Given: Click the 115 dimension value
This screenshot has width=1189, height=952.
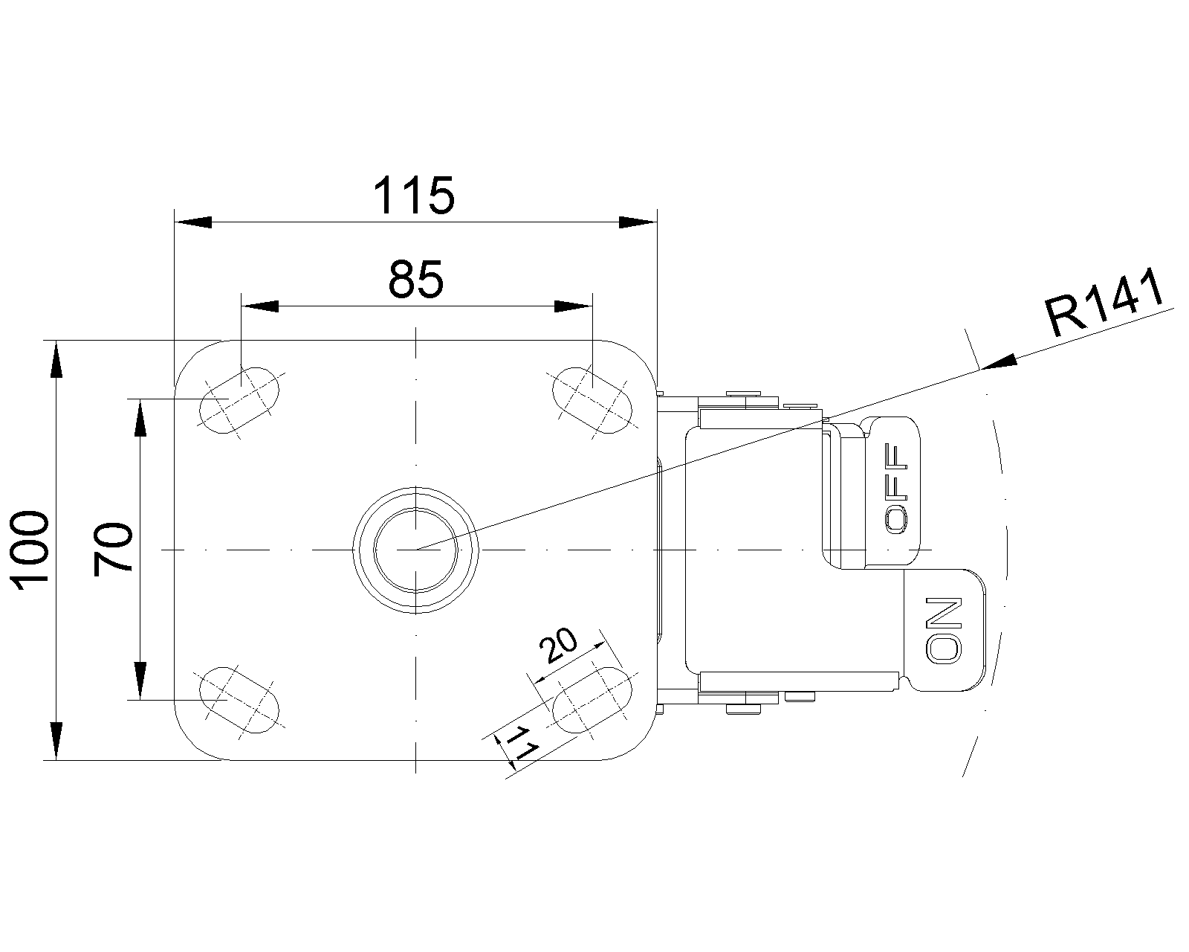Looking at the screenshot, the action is coord(414,196).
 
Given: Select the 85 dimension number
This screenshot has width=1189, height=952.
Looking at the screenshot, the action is coord(415,280).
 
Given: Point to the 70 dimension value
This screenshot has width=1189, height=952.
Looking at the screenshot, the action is coord(113,550).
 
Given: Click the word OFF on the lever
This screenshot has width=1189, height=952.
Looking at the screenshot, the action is coord(895,489).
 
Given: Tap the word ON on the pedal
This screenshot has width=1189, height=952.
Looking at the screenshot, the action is coord(944,629).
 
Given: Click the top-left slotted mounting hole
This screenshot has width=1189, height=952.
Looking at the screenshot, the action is coord(239,400).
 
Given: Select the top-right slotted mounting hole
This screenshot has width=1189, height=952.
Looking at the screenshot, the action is coord(592,400).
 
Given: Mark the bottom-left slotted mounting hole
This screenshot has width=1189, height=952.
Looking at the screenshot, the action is coord(239,700).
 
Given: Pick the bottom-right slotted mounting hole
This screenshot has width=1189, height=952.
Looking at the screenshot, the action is coord(592,700).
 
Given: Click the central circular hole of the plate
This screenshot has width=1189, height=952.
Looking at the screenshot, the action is coord(415,550).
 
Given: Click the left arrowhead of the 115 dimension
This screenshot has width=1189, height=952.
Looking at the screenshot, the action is coord(192,222).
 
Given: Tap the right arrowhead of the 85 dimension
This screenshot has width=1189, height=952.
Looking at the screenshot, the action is coord(574,306).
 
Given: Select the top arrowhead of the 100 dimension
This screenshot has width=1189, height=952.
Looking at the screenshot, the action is coord(57,359).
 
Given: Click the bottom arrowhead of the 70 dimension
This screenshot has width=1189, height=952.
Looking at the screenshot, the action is coord(141,681).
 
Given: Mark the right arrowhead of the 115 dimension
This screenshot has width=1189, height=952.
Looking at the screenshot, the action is coord(638,222).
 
